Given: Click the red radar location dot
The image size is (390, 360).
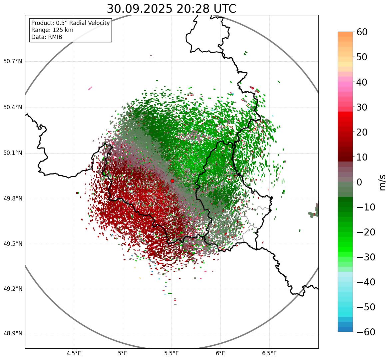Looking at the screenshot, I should tap(172, 181).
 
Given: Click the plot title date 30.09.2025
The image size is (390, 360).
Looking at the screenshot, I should tap(140, 9).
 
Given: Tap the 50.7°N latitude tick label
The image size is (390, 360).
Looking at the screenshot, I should tap(13, 62).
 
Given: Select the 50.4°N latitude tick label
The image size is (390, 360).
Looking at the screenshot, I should tap(13, 108).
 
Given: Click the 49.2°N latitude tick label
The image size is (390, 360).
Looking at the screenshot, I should tap(13, 289).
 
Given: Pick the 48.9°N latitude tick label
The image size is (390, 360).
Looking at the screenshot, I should tap(13, 334).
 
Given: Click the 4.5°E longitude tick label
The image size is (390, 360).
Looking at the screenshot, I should tap(74, 353).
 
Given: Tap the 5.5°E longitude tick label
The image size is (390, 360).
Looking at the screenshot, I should tap(172, 353).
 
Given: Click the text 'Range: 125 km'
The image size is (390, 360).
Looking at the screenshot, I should tap(52, 30).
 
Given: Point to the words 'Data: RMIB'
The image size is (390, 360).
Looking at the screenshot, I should tap(47, 37).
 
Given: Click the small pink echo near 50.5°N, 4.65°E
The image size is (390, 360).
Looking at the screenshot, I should tap(90, 88).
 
